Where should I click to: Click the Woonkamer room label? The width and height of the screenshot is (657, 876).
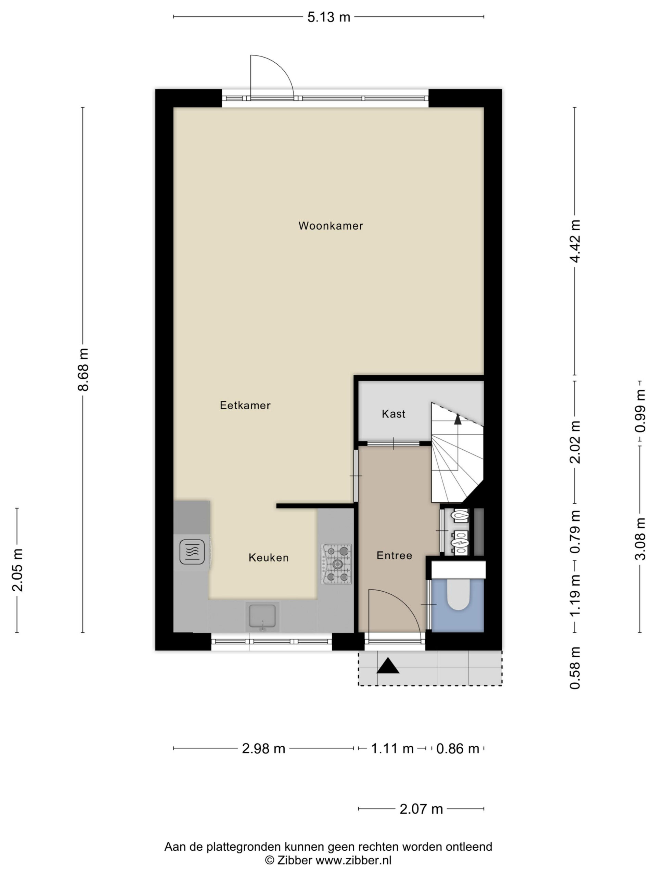[x=330, y=226]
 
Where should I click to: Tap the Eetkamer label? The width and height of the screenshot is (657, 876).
[x=245, y=405]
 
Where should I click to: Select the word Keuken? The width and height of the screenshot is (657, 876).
[x=269, y=558]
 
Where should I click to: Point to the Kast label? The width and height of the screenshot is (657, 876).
[x=394, y=414]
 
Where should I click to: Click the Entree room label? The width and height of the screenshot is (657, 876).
[x=395, y=555]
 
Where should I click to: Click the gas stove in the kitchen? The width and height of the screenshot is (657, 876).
[x=336, y=564]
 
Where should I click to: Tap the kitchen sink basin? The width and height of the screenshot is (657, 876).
[x=262, y=616]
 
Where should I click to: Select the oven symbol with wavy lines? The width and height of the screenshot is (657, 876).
[x=192, y=552]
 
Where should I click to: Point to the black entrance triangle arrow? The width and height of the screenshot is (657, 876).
[x=388, y=665]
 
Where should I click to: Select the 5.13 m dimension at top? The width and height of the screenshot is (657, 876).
[x=329, y=17]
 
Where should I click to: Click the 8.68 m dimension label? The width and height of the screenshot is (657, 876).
[x=83, y=370]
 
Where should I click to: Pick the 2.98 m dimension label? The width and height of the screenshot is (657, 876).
[x=263, y=748]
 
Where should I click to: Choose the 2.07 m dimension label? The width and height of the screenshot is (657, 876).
[x=421, y=809]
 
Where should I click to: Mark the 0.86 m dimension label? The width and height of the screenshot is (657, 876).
[x=458, y=748]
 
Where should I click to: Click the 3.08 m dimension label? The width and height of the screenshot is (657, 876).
[x=640, y=539]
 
